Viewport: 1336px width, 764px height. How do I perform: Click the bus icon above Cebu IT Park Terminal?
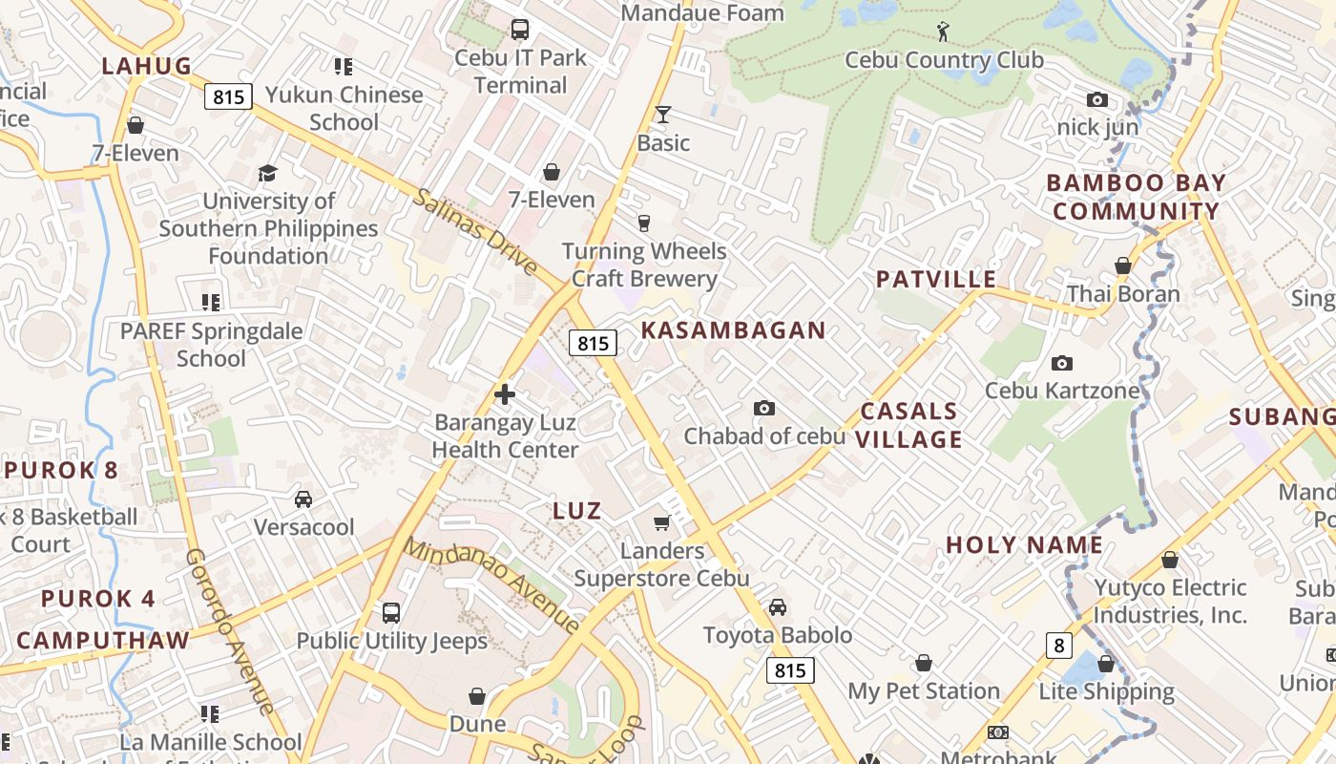click(519, 30)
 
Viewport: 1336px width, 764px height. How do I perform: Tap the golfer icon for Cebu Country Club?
click(943, 32)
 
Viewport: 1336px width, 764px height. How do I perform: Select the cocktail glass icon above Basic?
click(662, 115)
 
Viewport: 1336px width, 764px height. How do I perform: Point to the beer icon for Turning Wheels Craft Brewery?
click(644, 223)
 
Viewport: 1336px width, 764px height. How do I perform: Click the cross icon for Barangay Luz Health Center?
click(505, 394)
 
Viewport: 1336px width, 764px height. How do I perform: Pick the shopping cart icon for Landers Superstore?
click(662, 522)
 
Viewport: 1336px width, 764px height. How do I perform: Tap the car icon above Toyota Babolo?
click(778, 607)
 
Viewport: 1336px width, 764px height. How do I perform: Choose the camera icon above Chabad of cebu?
click(763, 409)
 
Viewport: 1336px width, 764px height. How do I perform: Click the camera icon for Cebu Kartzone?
click(1061, 363)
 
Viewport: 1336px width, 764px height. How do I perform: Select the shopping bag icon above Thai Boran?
click(1123, 265)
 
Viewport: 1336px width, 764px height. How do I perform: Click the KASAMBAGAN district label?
click(733, 330)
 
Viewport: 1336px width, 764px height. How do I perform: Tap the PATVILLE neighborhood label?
click(936, 280)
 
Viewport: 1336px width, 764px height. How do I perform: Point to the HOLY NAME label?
click(1024, 545)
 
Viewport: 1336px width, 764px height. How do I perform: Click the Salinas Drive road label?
click(475, 232)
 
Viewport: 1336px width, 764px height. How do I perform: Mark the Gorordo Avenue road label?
click(230, 630)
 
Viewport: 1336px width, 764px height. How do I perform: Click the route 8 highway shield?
click(1058, 647)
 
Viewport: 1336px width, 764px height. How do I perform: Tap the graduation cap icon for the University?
click(267, 173)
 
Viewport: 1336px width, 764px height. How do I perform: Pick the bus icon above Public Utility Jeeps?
click(390, 613)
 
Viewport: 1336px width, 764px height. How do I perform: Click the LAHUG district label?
click(147, 66)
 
